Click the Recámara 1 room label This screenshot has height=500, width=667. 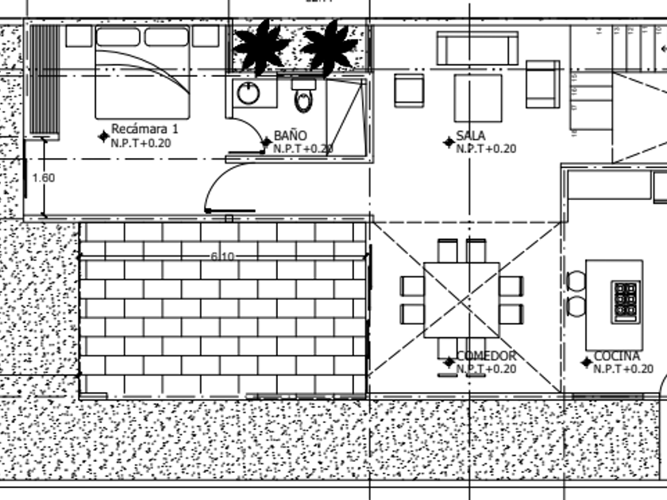[x=145, y=129]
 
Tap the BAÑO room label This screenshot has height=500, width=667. [x=290, y=137]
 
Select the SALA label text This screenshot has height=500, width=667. [x=470, y=137]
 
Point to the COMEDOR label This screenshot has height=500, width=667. [x=486, y=356]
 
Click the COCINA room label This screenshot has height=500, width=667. [x=616, y=356]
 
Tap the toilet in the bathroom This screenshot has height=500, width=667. [x=303, y=98]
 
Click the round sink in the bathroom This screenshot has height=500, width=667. [x=248, y=93]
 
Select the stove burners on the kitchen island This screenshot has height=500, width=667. [x=626, y=300]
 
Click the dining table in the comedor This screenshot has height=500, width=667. [x=461, y=300]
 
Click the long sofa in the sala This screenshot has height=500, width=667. [x=476, y=48]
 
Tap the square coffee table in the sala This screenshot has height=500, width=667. [x=477, y=97]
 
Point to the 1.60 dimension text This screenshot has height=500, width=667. [x=43, y=178]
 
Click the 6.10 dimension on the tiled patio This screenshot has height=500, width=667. [x=222, y=256]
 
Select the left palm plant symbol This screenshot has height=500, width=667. [x=260, y=47]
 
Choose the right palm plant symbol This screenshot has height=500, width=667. [x=330, y=47]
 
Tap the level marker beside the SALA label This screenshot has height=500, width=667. [x=449, y=142]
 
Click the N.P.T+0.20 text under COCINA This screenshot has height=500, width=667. [x=623, y=368]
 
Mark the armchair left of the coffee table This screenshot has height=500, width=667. [x=410, y=90]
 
